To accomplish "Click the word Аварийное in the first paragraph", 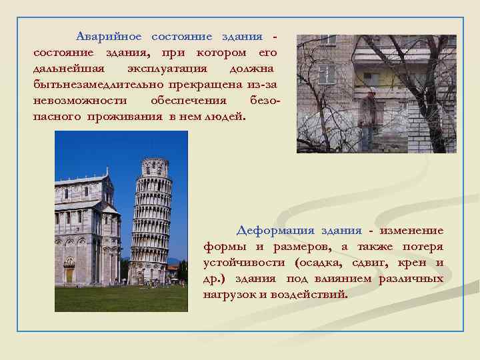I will [109, 36].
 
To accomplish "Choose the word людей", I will [227, 116].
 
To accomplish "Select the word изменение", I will [411, 231].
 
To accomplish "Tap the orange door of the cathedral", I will [69, 275].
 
